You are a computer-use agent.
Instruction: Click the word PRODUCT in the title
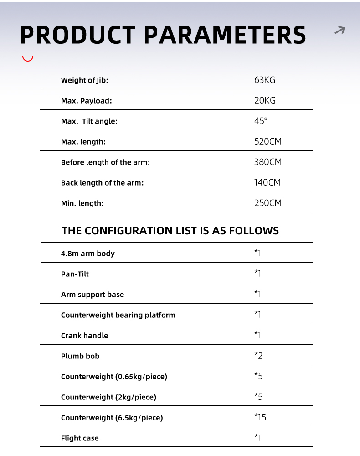point(77,35)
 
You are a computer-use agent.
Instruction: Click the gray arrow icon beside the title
point(339,31)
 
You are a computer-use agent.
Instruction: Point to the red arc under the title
point(28,59)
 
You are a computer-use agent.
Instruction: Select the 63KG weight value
point(265,80)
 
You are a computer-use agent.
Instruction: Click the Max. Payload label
point(86,101)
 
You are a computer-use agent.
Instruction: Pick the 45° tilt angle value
point(261,121)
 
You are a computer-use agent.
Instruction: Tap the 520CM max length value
point(268,142)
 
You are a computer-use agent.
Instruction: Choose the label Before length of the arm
point(105,162)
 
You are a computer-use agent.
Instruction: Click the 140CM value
point(267,183)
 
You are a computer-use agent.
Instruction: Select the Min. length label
point(82,203)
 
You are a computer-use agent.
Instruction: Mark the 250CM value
point(268,203)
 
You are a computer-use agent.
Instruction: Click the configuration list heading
point(170,230)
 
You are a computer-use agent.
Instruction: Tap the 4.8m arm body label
point(88,254)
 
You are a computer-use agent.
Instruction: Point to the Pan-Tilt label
point(75,274)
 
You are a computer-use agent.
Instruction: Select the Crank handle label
point(84,336)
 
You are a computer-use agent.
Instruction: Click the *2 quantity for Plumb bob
point(258,356)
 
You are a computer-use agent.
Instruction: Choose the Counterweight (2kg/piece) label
point(108,397)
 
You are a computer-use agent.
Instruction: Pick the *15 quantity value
point(260,417)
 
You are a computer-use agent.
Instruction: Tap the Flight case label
point(80,438)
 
